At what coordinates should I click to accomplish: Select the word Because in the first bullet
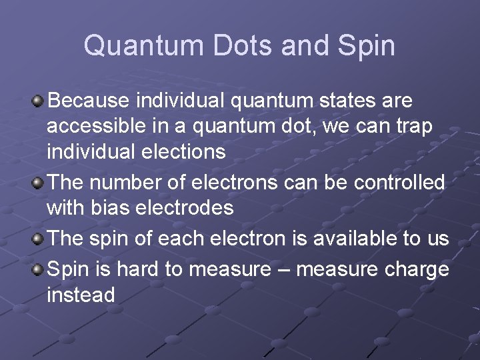tap(89, 101)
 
